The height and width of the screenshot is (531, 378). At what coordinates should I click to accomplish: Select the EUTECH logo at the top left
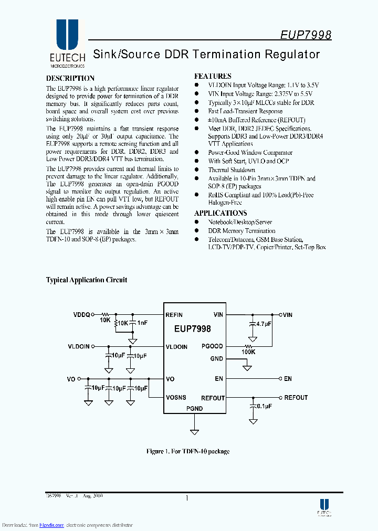[x=67, y=44]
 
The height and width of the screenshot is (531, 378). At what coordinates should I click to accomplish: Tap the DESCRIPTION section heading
[x=70, y=78]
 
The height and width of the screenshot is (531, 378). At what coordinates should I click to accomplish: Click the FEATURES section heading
[x=213, y=76]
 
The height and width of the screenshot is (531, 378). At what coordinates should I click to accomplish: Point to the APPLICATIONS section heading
[x=220, y=213]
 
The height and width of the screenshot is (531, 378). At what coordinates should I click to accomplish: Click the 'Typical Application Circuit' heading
[x=87, y=280]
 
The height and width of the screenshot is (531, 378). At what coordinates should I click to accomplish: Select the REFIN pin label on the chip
[x=174, y=315]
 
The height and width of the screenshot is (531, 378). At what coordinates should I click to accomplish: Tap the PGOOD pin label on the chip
[x=212, y=346]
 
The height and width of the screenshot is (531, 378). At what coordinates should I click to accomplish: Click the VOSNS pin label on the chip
[x=176, y=398]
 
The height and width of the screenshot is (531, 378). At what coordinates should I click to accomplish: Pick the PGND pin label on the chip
[x=194, y=408]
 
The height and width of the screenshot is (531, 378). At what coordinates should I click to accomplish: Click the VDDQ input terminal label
[x=82, y=315]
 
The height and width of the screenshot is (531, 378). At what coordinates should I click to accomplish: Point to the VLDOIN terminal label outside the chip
[x=79, y=346]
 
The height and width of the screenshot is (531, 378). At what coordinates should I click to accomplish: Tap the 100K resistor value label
[x=248, y=352]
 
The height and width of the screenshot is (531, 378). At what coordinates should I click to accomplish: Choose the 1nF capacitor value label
[x=142, y=323]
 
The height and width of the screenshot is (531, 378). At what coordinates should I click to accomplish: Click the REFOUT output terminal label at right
[x=296, y=398]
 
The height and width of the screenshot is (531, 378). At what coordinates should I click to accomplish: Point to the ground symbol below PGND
[x=194, y=432]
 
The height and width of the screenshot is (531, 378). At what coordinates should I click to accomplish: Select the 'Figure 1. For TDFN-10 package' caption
[x=187, y=451]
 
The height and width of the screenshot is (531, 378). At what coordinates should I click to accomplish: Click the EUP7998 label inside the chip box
[x=193, y=329]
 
